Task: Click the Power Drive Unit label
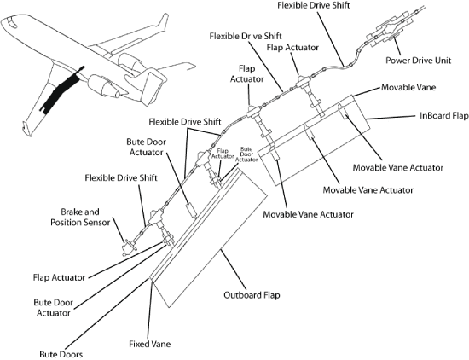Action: pos(418,61)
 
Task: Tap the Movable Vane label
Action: pos(408,87)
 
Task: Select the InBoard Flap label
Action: pos(444,115)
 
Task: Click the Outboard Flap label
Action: pos(252,295)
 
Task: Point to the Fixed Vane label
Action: pos(150,344)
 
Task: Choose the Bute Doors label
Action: pos(61,355)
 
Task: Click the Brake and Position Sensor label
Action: pos(80,217)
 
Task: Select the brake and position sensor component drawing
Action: pos(130,247)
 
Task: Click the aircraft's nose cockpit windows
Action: pos(9,22)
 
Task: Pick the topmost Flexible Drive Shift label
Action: pos(314,5)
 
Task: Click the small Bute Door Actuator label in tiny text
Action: pos(246,154)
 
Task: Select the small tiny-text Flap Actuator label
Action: pos(223,154)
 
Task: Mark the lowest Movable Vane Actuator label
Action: pos(308,214)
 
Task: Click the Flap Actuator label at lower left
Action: pos(59,277)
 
